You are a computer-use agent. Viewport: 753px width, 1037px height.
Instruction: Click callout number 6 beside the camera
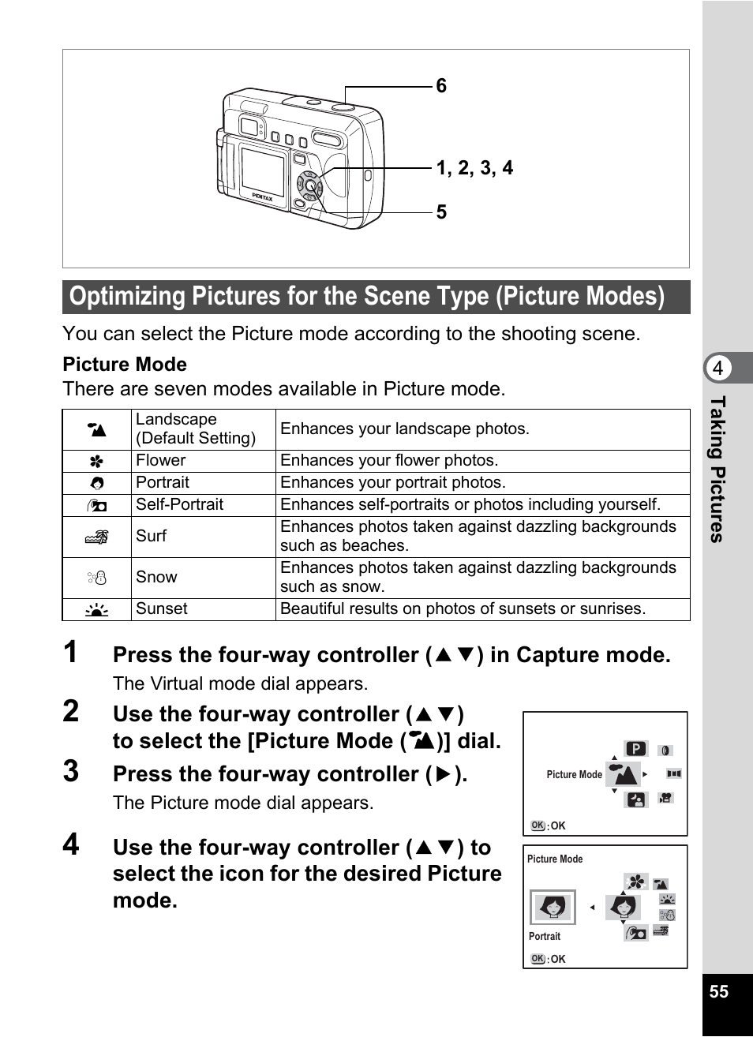point(441,86)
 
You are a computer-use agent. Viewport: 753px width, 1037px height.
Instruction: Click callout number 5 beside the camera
point(441,212)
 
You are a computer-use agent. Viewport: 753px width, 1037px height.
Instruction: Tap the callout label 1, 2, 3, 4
point(474,168)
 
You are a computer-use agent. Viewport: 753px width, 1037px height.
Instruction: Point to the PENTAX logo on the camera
point(262,197)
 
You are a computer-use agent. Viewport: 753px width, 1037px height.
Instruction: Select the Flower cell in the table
point(161,461)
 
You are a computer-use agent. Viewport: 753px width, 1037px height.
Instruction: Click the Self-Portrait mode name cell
point(179,505)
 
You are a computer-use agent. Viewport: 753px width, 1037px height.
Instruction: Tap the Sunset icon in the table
point(96,609)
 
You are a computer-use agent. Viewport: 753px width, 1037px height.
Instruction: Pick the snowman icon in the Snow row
point(96,578)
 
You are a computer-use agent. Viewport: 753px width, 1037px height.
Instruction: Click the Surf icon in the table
point(96,537)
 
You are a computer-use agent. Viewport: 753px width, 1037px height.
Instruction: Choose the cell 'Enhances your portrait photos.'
point(393,483)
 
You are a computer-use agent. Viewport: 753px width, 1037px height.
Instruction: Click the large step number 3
point(71,772)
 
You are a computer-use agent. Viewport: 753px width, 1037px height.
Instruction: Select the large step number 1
point(71,653)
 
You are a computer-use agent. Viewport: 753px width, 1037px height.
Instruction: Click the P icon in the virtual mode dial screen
point(635,749)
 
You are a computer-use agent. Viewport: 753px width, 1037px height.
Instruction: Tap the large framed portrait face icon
point(553,908)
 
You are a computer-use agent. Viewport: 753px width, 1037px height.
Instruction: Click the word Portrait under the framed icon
point(544,937)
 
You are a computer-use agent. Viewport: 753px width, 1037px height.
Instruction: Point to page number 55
point(718,992)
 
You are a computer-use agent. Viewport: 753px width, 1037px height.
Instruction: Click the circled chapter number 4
point(717,369)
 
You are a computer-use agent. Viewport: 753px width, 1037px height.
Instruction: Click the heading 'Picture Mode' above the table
point(125,365)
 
